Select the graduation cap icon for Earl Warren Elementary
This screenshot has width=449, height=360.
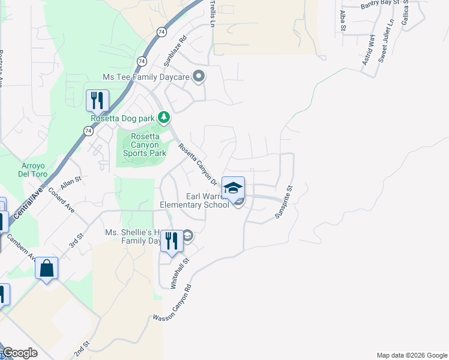233,188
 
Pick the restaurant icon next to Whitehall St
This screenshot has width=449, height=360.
172,241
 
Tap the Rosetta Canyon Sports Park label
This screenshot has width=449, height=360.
145,145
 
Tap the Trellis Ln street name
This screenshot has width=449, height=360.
212,14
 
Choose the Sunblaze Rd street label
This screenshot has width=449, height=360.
175,50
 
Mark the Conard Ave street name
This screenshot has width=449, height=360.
61,200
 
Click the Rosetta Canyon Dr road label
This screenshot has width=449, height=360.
196,162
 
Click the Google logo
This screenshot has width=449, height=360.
19,353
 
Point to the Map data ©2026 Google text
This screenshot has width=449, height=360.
411,355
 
